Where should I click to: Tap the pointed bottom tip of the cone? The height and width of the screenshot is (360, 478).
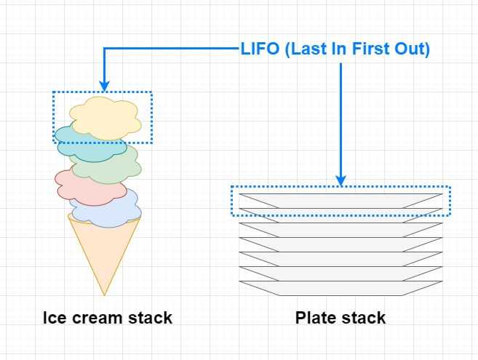click(104, 296)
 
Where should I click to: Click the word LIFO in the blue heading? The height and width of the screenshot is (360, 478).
click(260, 49)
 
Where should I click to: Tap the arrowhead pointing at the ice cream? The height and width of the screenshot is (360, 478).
click(104, 86)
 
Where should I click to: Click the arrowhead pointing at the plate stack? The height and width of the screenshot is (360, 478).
click(340, 181)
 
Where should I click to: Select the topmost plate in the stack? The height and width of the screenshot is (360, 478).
click(340, 201)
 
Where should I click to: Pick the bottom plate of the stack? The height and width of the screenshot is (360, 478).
click(340, 288)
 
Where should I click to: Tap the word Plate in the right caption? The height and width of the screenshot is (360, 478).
click(315, 318)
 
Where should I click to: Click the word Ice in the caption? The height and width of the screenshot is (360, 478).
click(55, 318)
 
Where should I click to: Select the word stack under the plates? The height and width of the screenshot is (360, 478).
click(363, 318)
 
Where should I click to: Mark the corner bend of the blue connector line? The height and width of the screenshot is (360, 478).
click(104, 48)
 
